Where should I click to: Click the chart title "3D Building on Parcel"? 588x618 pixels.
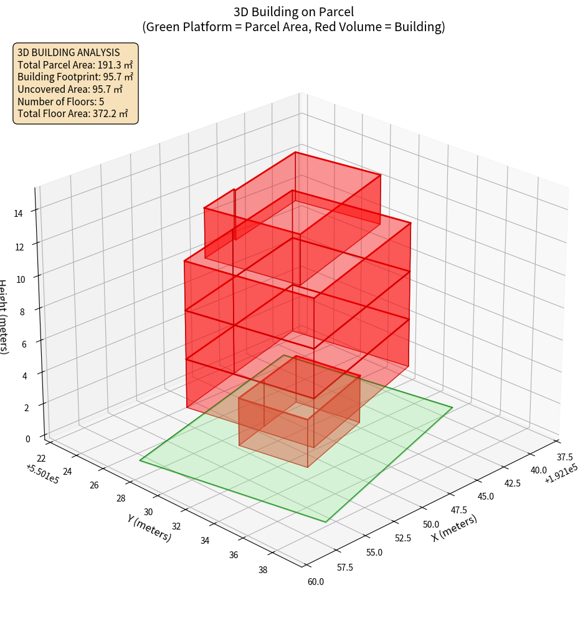pos(294,12)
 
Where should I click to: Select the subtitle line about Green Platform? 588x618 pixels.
pos(294,27)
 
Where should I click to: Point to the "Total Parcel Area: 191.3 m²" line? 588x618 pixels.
pos(75,65)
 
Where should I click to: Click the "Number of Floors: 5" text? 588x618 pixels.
pos(61,102)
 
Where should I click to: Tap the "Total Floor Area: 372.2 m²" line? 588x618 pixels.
pos(73,113)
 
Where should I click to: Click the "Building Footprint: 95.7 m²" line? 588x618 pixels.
pos(75,77)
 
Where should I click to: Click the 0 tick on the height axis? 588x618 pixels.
pos(27,439)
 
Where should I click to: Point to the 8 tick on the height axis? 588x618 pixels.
pos(22,311)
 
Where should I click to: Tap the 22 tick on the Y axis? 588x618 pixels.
pos(41,459)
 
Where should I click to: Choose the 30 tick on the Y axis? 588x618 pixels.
pos(148,511)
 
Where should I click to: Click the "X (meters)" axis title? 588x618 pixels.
pos(454,528)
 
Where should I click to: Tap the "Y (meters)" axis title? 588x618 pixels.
pos(149,527)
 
